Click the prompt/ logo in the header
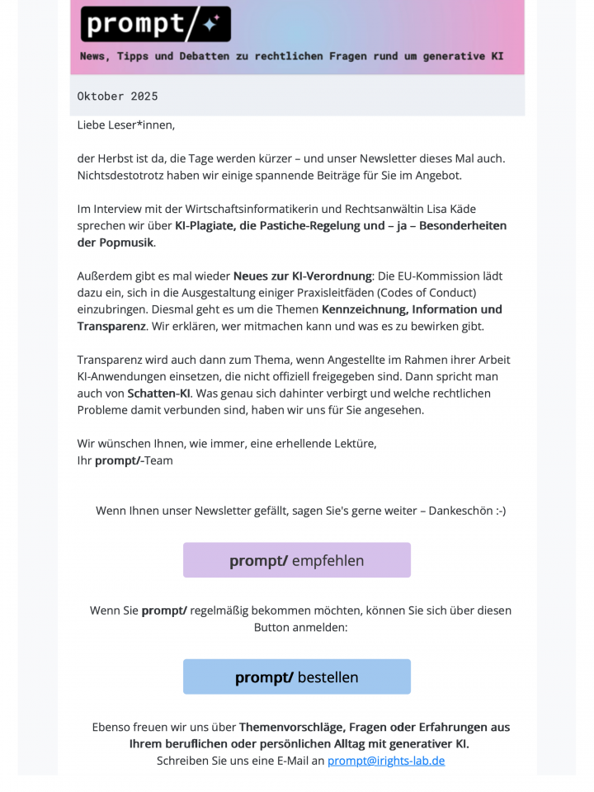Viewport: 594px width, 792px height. coord(155,24)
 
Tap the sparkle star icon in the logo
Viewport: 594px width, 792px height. coord(210,25)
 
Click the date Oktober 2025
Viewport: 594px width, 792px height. coord(117,96)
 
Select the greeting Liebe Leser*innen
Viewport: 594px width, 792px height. coord(126,125)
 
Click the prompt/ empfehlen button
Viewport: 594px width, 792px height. coord(297,560)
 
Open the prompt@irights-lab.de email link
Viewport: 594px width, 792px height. coord(386,761)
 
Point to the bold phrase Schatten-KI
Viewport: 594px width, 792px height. coord(159,394)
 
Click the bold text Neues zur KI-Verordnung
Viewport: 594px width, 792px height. coord(303,276)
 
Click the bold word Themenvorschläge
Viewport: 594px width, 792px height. coord(291,727)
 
